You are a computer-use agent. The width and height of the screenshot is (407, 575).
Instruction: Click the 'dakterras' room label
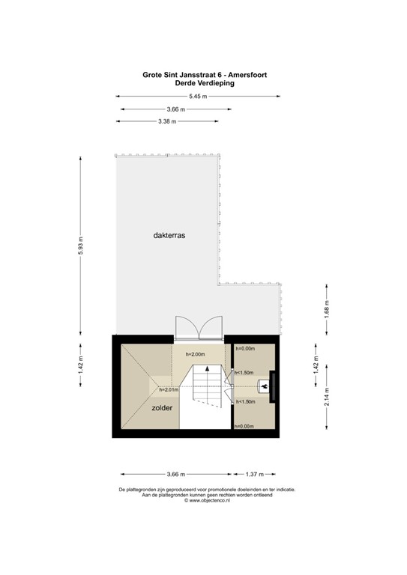[169, 234]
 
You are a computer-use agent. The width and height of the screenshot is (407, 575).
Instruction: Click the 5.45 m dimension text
[198, 96]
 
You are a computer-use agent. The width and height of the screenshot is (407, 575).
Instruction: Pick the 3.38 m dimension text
[166, 121]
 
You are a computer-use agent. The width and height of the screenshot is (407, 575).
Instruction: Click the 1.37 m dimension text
[256, 474]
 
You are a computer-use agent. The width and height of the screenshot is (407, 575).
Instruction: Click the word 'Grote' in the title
[153, 75]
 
